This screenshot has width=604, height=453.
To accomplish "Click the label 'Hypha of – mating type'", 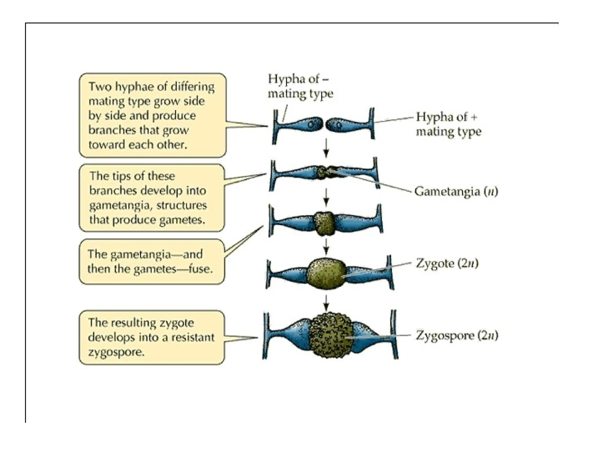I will (300, 86).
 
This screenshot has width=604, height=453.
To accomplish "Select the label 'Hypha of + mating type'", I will (448, 124).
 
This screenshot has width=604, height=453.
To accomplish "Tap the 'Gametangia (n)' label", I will (456, 192).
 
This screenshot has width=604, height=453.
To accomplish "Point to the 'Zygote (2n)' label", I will (447, 263).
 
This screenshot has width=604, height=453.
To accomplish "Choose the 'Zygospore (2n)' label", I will (457, 336).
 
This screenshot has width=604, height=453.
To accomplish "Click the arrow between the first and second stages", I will (326, 148).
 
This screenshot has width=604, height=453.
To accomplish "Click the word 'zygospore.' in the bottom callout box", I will (116, 352).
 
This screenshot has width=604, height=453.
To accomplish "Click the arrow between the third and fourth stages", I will (326, 247).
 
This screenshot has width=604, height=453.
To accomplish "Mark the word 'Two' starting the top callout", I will (100, 87).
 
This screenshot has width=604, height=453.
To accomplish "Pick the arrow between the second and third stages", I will (326, 197).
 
